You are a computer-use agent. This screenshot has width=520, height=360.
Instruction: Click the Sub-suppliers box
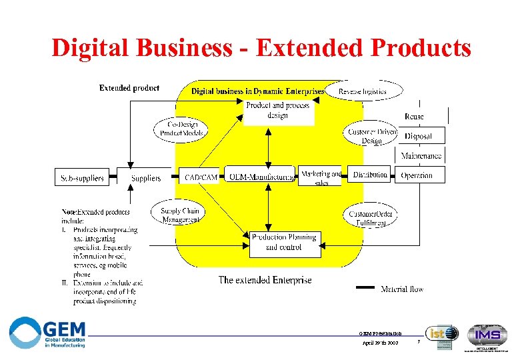[83, 177]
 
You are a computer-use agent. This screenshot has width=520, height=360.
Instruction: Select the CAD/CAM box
[201, 177]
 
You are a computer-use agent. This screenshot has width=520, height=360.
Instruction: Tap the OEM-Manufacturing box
[260, 176]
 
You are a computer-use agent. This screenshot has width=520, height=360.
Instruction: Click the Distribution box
[370, 175]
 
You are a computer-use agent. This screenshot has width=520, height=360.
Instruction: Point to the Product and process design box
[277, 111]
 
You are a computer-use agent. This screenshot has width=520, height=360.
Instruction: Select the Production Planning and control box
[285, 243]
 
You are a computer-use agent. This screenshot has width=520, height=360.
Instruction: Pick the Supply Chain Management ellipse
[180, 215]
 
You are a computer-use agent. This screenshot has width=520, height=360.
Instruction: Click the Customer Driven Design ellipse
[372, 135]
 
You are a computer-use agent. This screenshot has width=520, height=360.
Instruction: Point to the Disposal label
[418, 136]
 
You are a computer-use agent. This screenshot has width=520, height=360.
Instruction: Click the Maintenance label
[421, 156]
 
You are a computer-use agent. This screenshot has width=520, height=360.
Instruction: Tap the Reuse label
[414, 116]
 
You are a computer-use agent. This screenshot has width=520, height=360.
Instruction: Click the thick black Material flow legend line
[365, 288]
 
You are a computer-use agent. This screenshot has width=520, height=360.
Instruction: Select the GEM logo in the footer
[48, 332]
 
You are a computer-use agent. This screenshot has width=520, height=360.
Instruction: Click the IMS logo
[486, 335]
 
